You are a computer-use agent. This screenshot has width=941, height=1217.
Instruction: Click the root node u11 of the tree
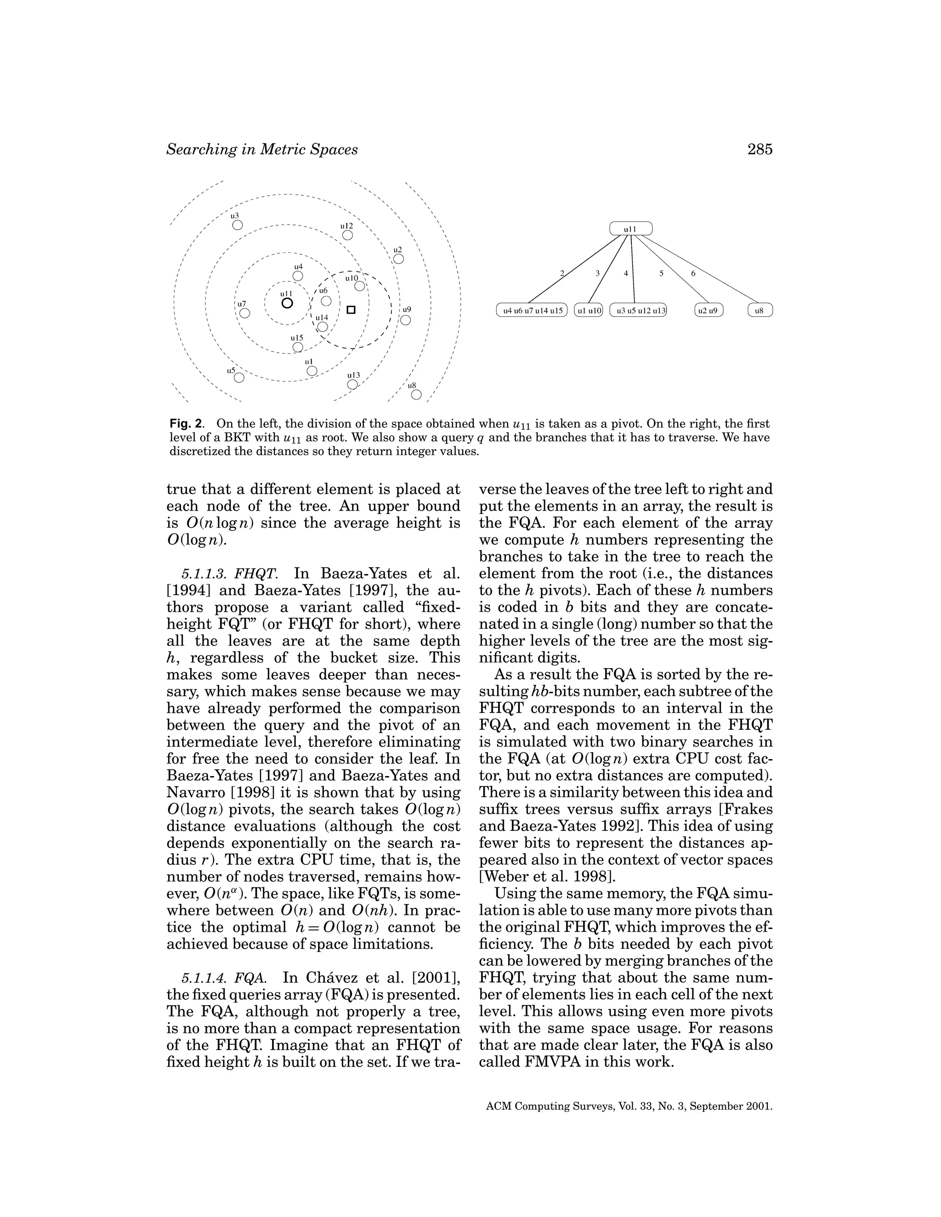click(630, 228)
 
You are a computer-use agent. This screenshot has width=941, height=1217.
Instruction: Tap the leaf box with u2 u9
click(709, 310)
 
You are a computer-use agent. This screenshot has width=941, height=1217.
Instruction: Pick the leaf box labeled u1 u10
click(589, 310)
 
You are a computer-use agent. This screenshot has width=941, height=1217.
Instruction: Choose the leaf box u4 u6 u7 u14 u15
click(531, 310)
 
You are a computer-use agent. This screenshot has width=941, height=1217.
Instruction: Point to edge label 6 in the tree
click(693, 274)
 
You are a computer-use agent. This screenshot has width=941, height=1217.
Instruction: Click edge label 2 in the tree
click(562, 274)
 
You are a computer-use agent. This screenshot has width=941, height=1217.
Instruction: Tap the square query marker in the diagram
click(351, 310)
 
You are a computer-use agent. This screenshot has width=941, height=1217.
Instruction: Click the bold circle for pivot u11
click(287, 303)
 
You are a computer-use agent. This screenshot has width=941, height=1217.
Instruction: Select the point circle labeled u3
click(238, 225)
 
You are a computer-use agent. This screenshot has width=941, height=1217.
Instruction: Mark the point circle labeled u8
click(416, 394)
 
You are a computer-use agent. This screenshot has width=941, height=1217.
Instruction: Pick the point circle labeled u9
click(406, 320)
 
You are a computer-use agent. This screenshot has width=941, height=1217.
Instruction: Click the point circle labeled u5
click(239, 378)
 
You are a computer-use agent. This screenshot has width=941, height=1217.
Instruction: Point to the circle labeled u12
click(348, 235)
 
